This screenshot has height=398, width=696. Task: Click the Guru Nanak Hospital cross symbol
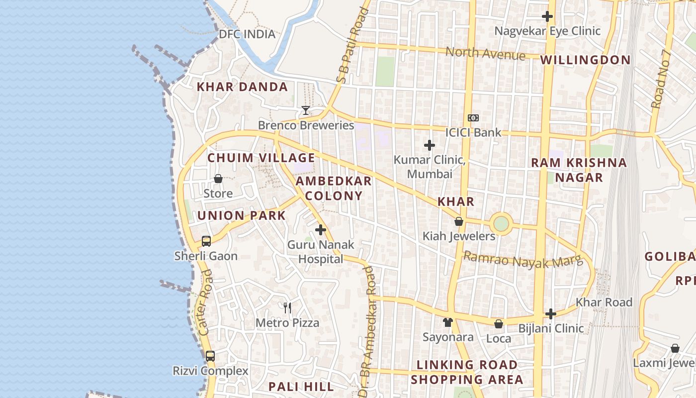321,230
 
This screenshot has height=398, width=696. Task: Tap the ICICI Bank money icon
473,118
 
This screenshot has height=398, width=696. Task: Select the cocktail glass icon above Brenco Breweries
306,110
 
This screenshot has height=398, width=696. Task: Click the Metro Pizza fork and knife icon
287,307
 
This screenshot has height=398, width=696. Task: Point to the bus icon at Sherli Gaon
206,241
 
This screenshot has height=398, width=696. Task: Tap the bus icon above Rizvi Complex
210,356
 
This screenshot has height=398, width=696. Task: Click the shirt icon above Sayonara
448,322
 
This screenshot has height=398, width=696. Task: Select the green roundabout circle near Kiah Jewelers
501,223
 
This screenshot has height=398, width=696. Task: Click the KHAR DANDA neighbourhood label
242,87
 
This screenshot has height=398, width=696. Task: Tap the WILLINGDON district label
585,60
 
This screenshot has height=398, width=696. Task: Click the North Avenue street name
485,53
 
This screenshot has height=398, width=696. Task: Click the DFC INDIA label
247,34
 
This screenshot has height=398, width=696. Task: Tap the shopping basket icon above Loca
499,324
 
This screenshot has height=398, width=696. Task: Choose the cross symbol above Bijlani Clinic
550,314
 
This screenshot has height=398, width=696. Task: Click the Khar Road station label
604,302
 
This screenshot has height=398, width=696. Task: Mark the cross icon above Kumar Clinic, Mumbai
430,145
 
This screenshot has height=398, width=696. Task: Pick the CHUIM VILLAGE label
261,158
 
